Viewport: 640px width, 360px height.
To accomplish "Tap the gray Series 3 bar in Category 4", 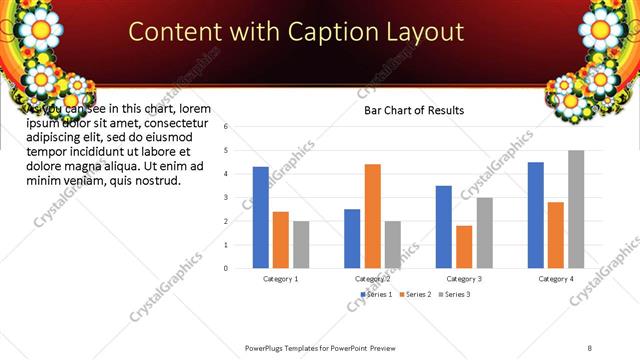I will (x=576, y=209).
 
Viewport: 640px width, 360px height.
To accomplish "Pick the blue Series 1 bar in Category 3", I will (x=444, y=227).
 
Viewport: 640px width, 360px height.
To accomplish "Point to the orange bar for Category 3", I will (x=464, y=247).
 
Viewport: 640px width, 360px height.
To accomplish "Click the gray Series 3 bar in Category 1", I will (x=301, y=245).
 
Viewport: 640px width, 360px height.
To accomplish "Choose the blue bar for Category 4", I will (x=536, y=215).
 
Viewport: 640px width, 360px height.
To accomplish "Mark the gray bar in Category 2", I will (x=392, y=245).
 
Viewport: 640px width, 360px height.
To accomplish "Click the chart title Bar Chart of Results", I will (x=413, y=111).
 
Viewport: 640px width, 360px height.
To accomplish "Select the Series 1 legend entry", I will (x=374, y=294).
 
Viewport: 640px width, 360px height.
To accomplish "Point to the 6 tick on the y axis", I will (x=227, y=127).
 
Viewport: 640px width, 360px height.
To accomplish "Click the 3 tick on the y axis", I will (x=227, y=198).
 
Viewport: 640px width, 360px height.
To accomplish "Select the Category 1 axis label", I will (x=280, y=279).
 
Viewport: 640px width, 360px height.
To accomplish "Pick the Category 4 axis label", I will (x=556, y=279).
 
